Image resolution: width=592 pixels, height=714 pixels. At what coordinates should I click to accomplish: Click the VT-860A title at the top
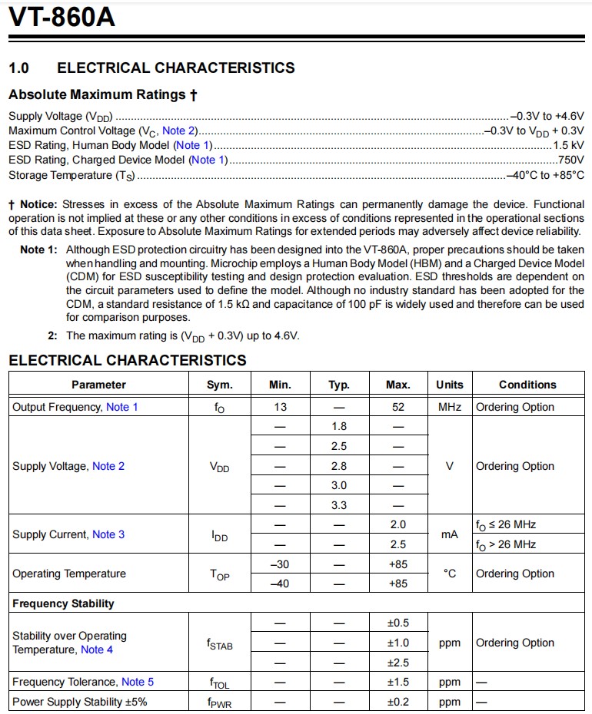[62, 17]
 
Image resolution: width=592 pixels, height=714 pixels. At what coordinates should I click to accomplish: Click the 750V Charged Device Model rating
[570, 160]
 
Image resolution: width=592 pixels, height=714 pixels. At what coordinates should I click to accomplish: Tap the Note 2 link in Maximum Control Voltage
[179, 131]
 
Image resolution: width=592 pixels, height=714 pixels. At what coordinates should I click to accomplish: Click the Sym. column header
[219, 385]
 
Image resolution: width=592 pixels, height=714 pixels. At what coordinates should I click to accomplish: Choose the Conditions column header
[527, 385]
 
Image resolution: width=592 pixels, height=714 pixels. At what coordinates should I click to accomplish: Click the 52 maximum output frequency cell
[397, 407]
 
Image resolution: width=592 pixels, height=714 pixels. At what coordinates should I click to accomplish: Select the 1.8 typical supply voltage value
[338, 426]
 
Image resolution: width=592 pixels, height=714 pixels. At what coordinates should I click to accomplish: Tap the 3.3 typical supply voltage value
[338, 505]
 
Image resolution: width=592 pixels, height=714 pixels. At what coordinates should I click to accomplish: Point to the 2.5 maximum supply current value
[397, 544]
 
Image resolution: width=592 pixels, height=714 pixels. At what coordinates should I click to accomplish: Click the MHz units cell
[450, 407]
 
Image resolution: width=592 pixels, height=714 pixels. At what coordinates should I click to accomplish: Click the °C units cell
[450, 574]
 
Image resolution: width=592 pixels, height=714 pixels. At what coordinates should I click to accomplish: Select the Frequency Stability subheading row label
[63, 603]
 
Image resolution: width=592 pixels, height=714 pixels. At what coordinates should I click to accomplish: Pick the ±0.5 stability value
[397, 623]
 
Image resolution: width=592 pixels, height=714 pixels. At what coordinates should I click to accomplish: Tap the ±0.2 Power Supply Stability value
[397, 702]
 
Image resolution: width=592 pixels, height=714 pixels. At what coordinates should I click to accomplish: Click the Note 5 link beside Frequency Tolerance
[138, 682]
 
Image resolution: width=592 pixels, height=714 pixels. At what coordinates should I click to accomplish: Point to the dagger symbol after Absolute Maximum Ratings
[194, 95]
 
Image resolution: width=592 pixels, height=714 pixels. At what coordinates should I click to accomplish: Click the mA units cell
[450, 534]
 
